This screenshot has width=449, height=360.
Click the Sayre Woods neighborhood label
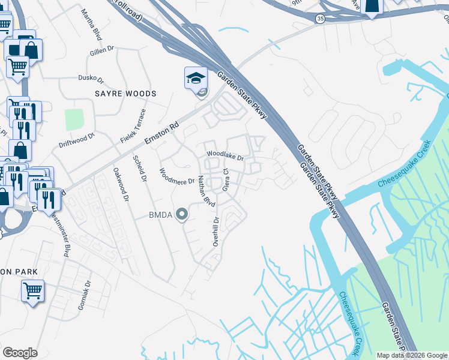tap(125, 94)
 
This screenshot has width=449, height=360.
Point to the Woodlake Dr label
tap(225, 156)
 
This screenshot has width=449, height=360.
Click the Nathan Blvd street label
tap(206, 191)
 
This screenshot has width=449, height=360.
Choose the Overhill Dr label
tap(216, 232)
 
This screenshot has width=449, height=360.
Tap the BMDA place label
tap(161, 215)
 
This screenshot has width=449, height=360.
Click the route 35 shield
tap(321, 19)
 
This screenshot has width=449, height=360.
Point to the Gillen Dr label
tap(101, 51)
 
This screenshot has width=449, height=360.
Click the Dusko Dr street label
tap(91, 79)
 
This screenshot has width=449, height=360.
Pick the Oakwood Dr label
tap(121, 184)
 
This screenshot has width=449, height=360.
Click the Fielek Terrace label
tap(133, 125)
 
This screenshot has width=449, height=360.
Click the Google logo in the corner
tap(20, 353)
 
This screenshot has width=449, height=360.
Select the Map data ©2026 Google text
tap(412, 355)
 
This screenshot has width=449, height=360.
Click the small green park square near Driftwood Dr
tap(74, 119)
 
